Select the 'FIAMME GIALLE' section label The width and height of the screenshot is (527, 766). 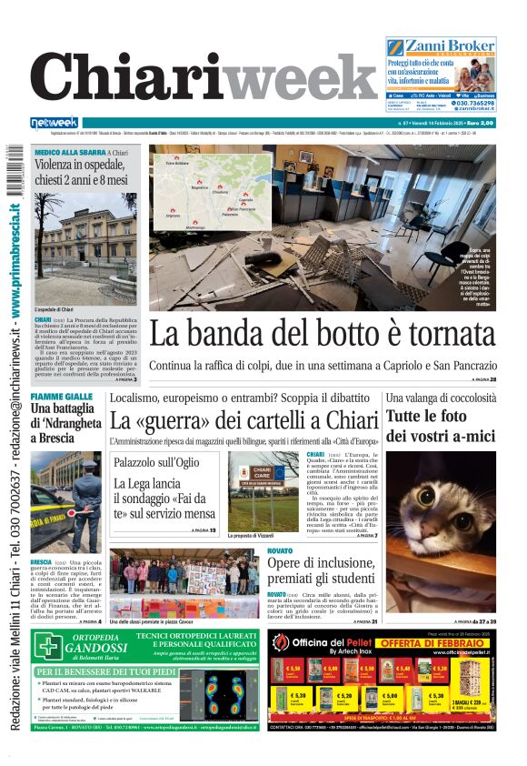click(61, 398)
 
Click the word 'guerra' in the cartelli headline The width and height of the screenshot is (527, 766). click(188, 420)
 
